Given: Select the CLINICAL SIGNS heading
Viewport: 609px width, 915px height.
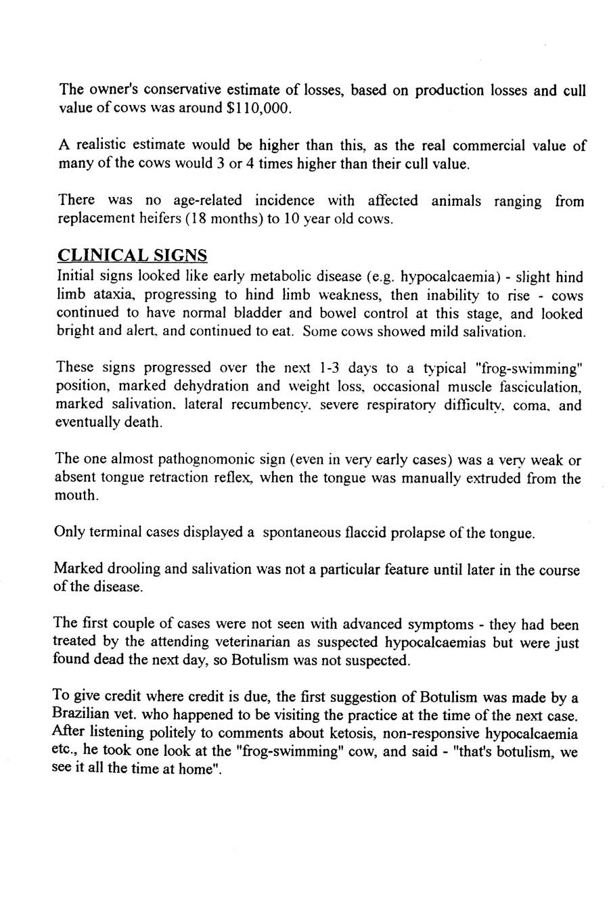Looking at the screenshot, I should coord(133,255).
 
